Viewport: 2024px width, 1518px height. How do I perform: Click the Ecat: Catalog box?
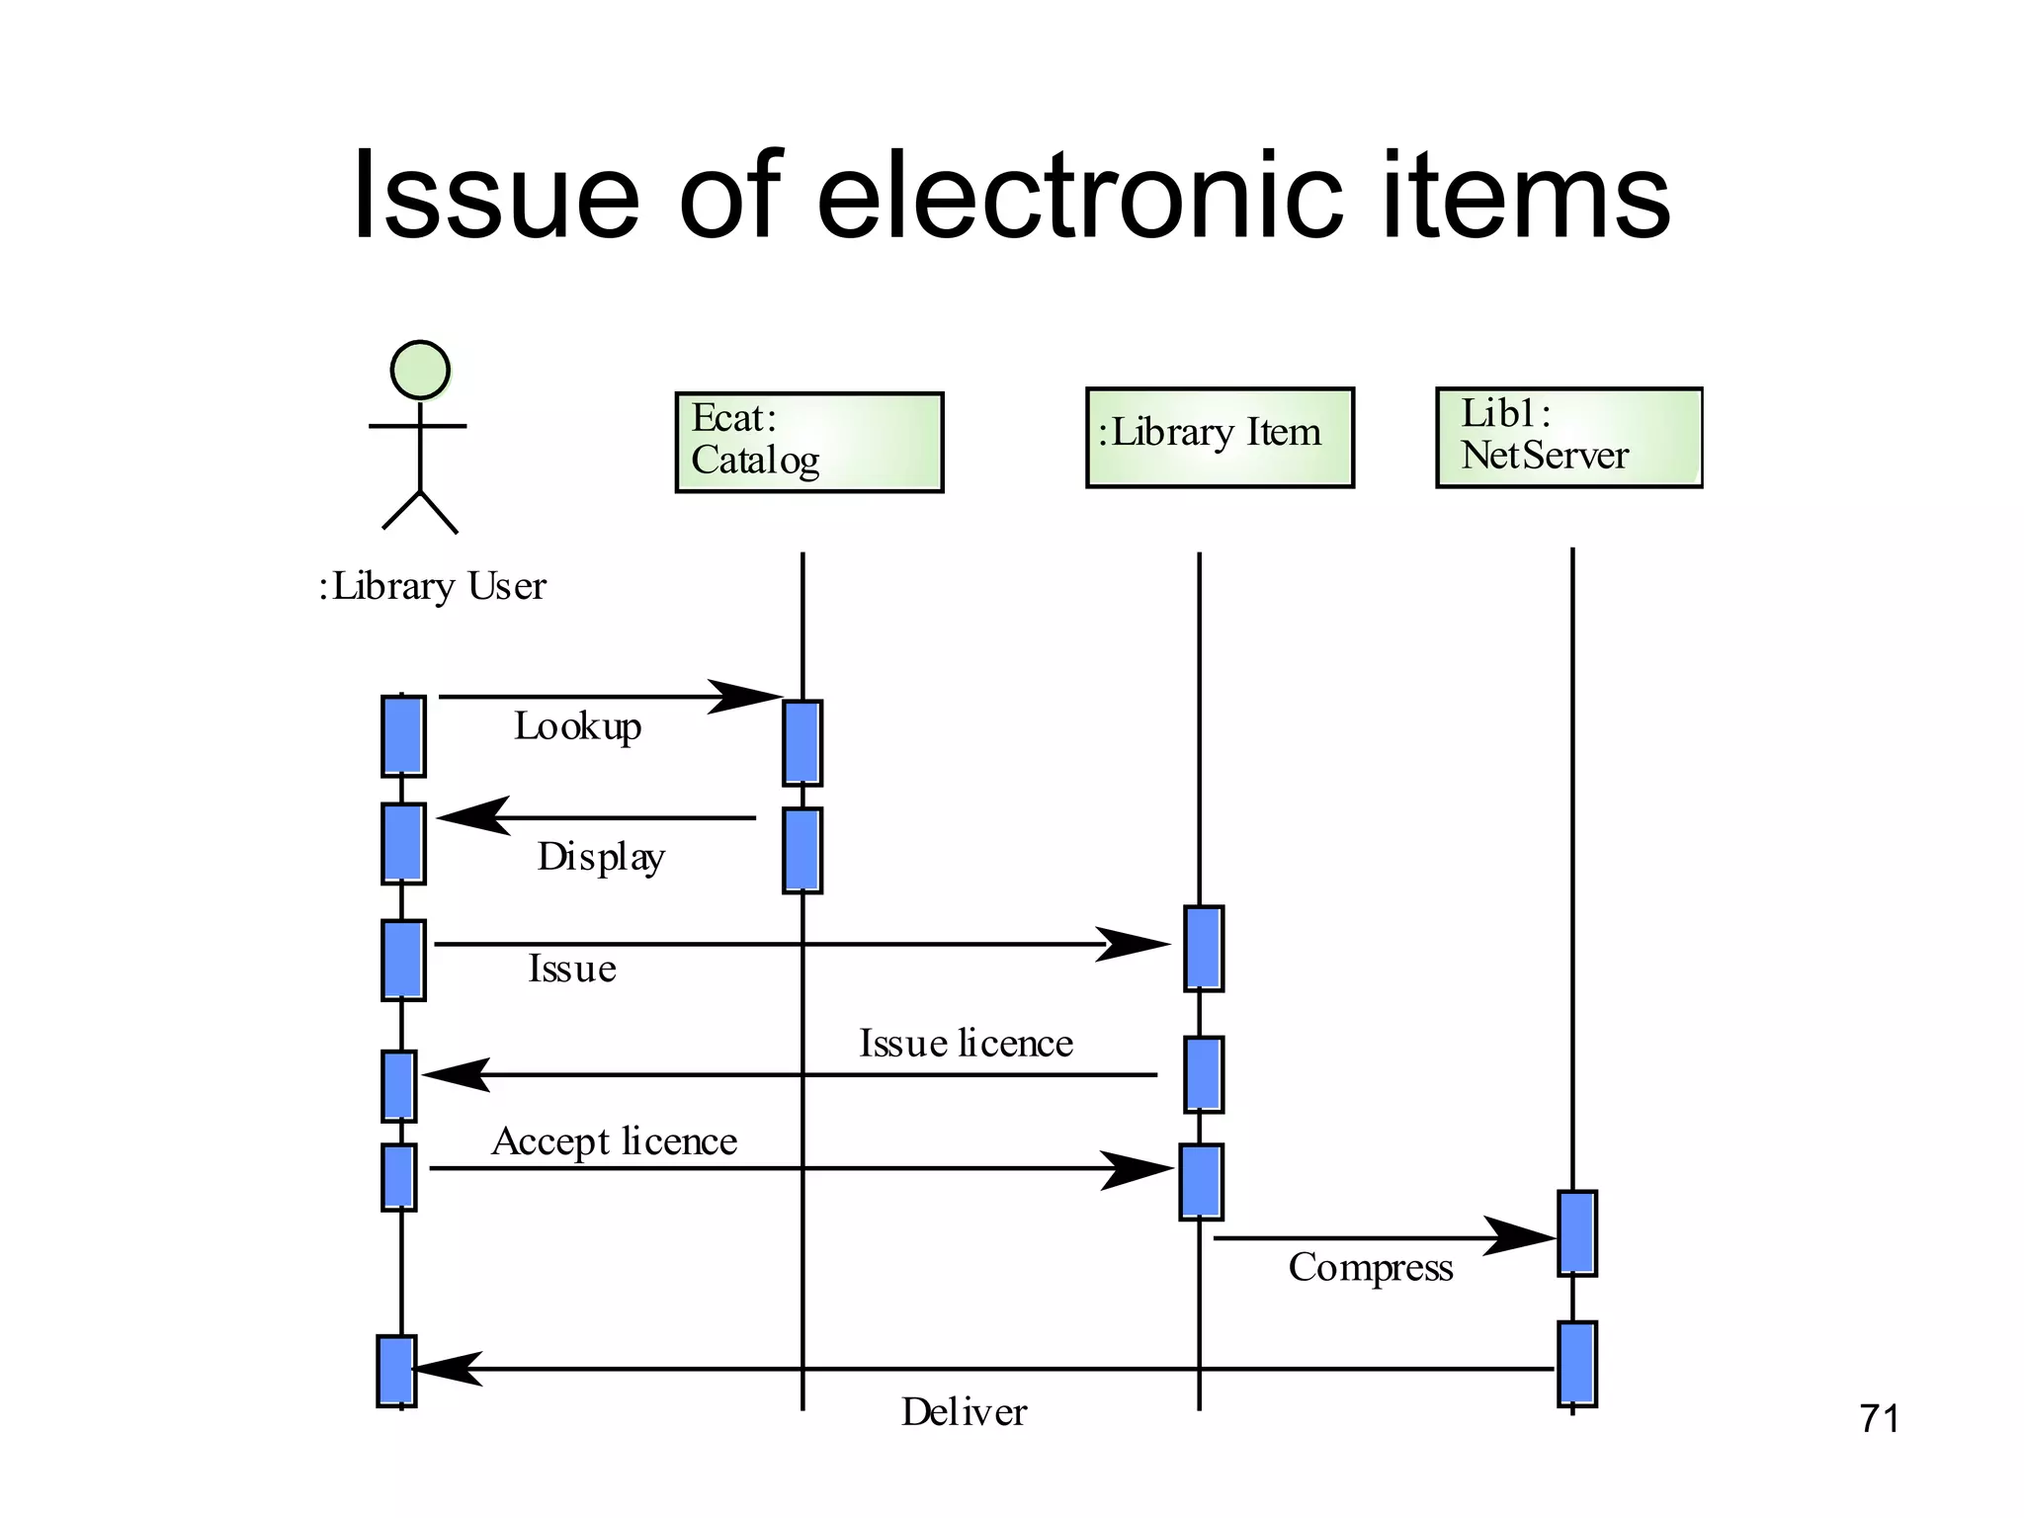pos(808,442)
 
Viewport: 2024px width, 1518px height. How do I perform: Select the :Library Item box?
pos(1220,437)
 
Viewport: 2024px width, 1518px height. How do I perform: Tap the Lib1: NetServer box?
pos(1568,437)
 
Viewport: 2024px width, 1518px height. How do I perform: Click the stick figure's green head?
pos(420,370)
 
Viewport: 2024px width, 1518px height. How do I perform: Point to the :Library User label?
pos(432,586)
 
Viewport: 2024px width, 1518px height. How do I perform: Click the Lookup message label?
pos(577,726)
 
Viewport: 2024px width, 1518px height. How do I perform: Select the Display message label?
pos(600,856)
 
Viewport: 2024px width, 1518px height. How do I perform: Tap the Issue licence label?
pos(966,1044)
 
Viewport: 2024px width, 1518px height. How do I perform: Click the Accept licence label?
pos(614,1141)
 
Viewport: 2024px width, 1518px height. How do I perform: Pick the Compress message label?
pos(1370,1267)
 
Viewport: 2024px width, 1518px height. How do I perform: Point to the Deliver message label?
pos(964,1411)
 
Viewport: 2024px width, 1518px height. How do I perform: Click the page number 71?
pos(1879,1419)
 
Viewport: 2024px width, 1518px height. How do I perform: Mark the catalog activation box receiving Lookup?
pos(801,742)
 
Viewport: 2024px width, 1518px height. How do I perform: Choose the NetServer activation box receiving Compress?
pos(1576,1232)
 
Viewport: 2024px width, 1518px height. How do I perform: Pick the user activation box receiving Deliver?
pos(396,1370)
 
